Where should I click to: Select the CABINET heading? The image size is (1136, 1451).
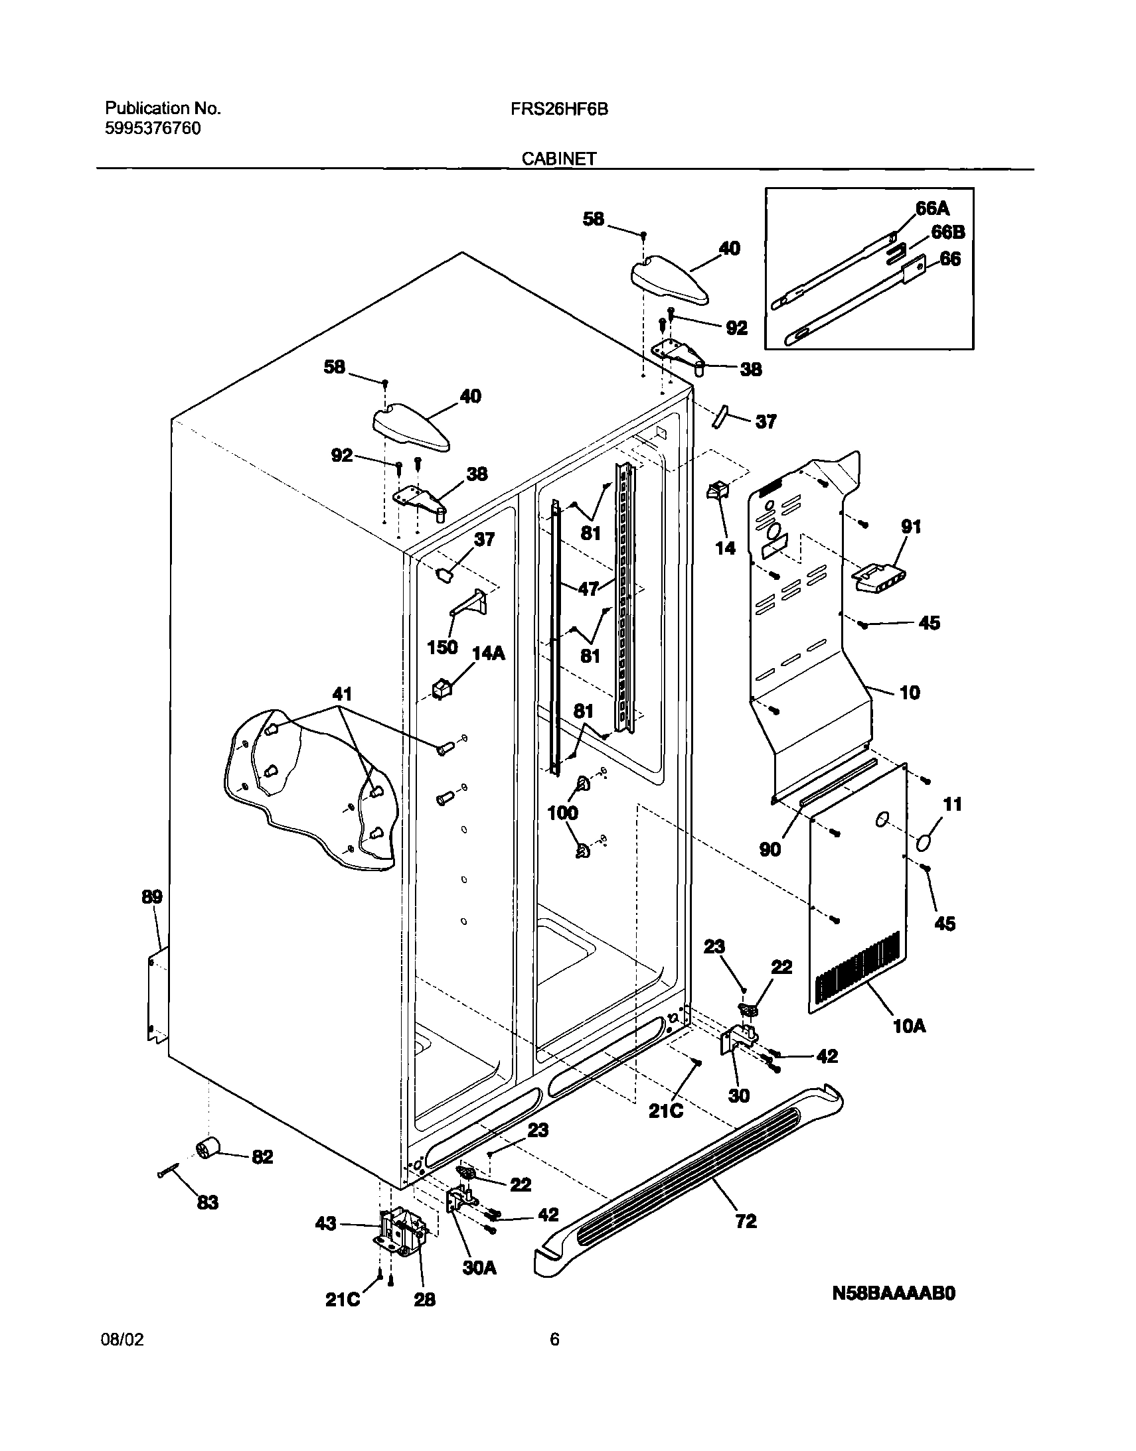(558, 159)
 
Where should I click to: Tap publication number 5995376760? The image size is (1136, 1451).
(153, 128)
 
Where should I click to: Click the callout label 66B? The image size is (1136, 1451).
(947, 232)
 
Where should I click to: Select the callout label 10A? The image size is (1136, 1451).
(909, 1026)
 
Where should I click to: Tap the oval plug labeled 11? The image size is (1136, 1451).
(923, 843)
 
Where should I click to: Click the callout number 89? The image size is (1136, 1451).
(151, 896)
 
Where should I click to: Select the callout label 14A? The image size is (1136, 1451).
(488, 654)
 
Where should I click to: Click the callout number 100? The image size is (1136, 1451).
(562, 812)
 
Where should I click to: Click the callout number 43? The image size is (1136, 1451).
(325, 1223)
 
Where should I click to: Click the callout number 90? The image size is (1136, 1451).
(770, 849)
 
